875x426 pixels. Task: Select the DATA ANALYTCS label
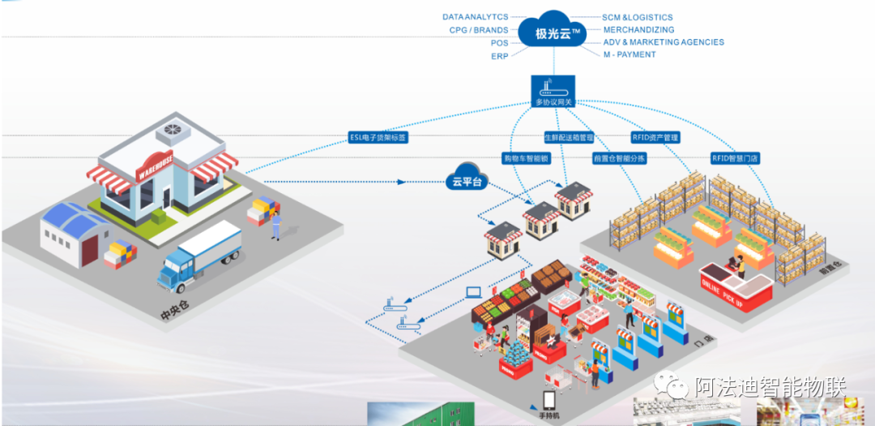point(476,17)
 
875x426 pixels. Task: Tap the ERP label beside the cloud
point(499,56)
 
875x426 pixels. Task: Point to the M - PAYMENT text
point(630,54)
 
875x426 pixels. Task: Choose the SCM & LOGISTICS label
point(637,17)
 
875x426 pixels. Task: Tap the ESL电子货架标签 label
point(378,138)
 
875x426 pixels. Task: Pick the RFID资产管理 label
point(655,138)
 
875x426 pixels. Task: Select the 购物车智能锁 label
point(526,158)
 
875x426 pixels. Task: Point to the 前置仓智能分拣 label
point(619,158)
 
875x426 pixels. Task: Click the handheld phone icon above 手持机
point(549,400)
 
